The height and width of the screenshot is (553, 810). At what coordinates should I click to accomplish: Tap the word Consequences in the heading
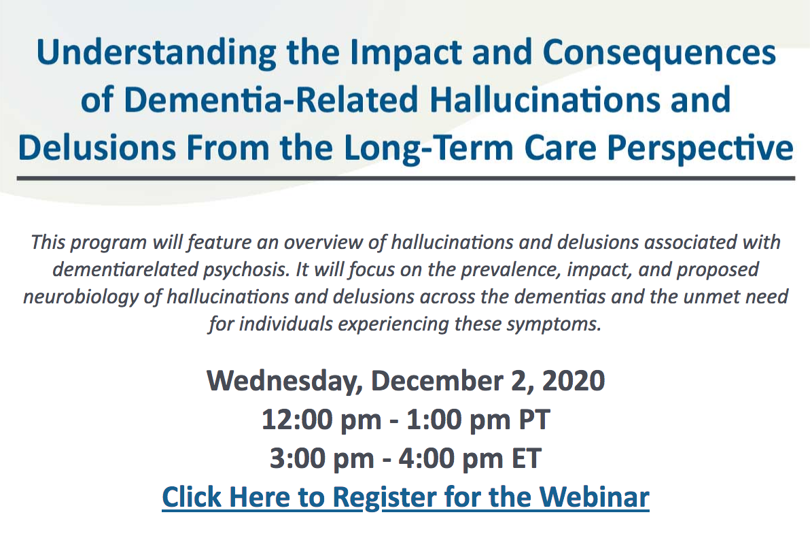(659, 54)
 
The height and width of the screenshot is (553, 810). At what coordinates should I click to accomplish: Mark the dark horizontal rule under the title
(406, 178)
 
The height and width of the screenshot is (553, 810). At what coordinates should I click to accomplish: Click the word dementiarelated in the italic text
(126, 269)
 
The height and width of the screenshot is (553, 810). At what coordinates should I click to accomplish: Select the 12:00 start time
(294, 420)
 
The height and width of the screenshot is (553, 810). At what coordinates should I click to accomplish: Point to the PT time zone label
(534, 420)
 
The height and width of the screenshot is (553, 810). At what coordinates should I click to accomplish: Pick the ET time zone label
(526, 458)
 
